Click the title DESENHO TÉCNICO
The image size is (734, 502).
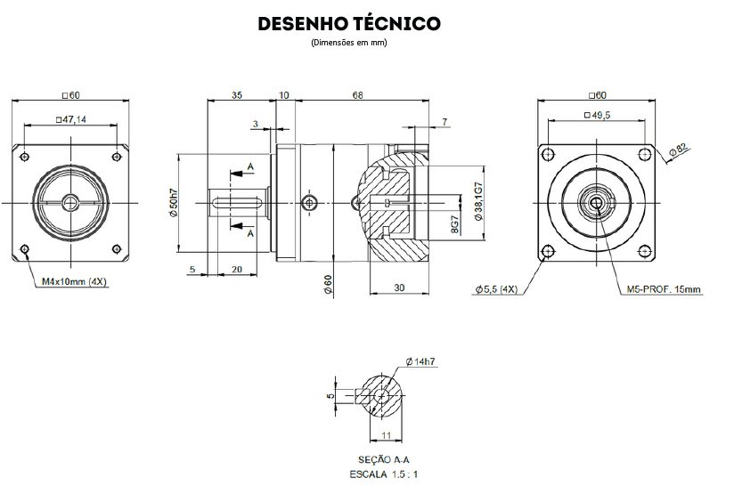point(348,23)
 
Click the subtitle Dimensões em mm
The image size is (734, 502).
point(348,42)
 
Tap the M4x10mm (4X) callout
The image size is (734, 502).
point(75,282)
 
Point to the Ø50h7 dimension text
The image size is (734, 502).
point(173,203)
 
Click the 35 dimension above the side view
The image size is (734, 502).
point(238,94)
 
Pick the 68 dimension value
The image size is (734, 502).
point(356,94)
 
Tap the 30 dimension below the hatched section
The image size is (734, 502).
point(398,287)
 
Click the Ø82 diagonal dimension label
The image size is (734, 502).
point(682,150)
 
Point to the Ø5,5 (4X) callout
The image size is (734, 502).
point(496,289)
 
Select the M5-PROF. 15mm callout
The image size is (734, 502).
point(664,289)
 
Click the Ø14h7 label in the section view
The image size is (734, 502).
point(420,361)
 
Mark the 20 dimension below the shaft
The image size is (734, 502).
point(236,269)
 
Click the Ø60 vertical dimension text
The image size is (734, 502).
point(328,284)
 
